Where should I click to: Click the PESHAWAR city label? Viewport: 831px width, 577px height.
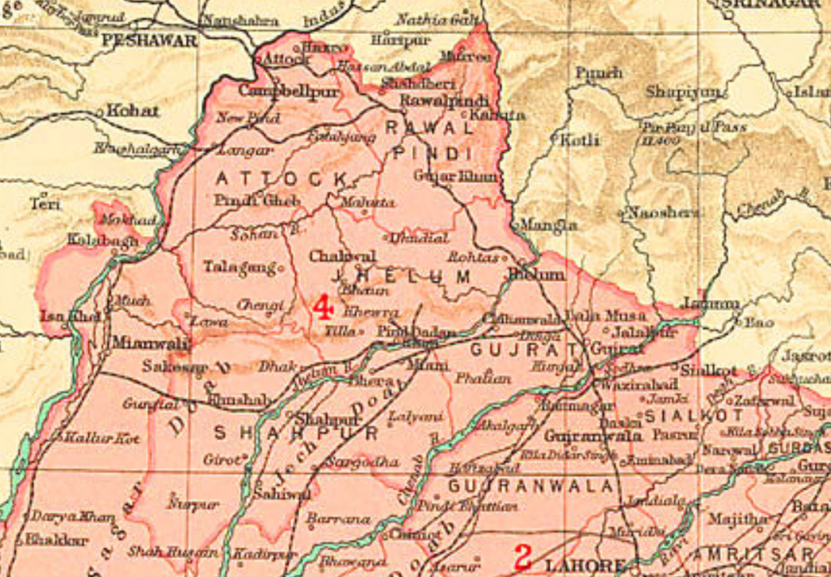pyautogui.click(x=150, y=40)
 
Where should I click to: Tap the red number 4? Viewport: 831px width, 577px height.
pyautogui.click(x=322, y=308)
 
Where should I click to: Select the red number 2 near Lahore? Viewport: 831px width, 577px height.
pyautogui.click(x=523, y=555)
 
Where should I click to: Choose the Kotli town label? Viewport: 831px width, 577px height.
pyautogui.click(x=580, y=140)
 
